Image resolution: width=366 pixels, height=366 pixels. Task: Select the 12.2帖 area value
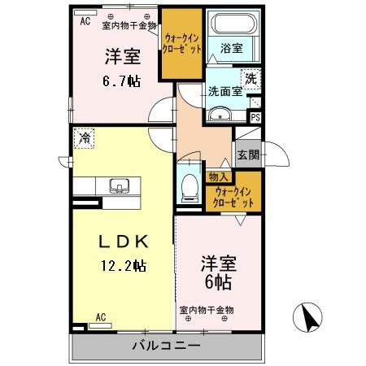tap(123, 264)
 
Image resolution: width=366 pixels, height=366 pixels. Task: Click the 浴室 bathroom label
tap(231, 49)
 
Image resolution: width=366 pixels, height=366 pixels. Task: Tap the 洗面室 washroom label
tap(222, 91)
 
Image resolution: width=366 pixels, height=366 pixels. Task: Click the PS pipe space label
tap(255, 118)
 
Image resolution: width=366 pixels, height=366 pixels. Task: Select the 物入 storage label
tap(218, 176)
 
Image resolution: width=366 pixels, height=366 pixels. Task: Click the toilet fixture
tap(190, 186)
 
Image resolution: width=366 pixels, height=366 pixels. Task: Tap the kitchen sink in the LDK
tap(120, 188)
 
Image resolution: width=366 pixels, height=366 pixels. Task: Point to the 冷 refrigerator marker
tap(85, 139)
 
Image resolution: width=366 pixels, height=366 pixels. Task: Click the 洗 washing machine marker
tap(251, 80)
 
